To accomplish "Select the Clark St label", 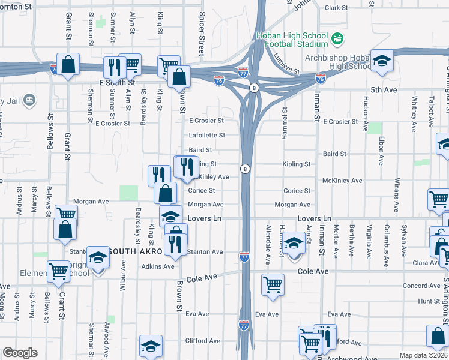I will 336,8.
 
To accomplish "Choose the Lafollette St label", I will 206,136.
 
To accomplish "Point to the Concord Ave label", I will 421,286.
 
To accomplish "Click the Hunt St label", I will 429,301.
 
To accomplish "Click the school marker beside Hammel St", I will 294,243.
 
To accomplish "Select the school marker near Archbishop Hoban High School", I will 381,61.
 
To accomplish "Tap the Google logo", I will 20,353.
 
